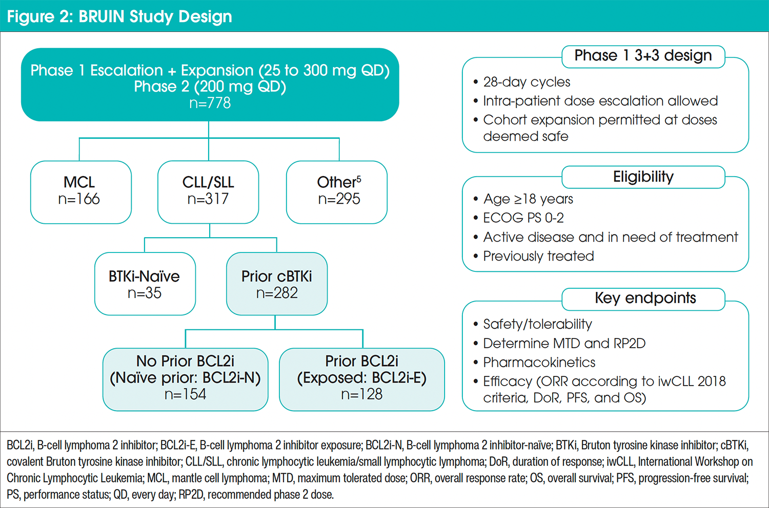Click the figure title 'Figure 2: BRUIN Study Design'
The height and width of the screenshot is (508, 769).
click(x=119, y=16)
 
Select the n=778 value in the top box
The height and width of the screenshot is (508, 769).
click(x=210, y=103)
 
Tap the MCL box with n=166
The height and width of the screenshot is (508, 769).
click(x=80, y=192)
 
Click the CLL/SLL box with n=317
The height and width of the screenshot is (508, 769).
click(x=208, y=192)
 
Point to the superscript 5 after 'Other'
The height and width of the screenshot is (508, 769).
click(x=359, y=179)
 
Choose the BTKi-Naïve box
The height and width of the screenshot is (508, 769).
click(x=145, y=284)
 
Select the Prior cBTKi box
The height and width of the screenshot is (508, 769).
click(x=276, y=284)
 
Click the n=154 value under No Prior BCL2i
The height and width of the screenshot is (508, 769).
click(x=185, y=394)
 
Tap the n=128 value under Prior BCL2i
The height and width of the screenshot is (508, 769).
click(x=361, y=394)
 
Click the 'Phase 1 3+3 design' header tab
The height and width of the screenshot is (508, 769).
click(x=643, y=56)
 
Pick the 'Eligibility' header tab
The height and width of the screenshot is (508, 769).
click(x=643, y=177)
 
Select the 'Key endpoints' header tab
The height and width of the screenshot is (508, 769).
click(x=645, y=299)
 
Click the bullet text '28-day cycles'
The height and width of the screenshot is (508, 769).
click(x=527, y=82)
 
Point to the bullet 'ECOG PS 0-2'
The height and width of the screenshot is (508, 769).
click(x=523, y=218)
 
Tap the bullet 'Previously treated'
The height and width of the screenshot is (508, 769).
click(x=538, y=256)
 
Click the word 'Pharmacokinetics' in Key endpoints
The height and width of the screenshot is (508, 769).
click(x=539, y=363)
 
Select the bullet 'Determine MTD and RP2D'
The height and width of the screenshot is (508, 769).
click(x=564, y=343)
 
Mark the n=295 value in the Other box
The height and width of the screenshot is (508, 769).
click(x=339, y=199)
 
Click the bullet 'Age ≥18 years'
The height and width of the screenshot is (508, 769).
click(x=528, y=199)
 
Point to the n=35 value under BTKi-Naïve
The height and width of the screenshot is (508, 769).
click(x=145, y=293)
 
